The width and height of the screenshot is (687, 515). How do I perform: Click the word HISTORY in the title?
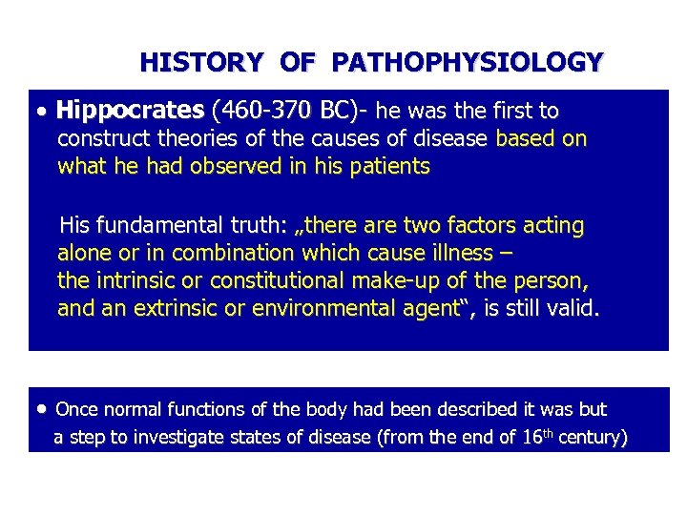pos(200,63)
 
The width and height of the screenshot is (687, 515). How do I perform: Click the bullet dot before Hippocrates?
pos(45,113)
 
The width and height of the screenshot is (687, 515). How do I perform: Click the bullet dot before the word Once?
pos(44,409)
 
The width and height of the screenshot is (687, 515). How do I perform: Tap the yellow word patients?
pos(391,167)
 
